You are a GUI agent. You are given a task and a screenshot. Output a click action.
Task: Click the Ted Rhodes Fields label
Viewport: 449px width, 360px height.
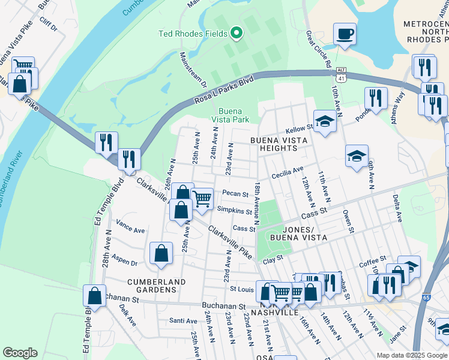tap(193, 33)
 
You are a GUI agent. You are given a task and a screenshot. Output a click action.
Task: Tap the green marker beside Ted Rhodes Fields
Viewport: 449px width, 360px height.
tap(237, 33)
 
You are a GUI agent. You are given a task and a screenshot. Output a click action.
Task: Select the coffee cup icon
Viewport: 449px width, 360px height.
tap(345, 34)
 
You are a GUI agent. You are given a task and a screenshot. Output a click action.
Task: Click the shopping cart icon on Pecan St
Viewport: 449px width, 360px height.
tap(202, 197)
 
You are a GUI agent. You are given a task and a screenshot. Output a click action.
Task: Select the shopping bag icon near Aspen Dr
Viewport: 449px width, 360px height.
tap(161, 253)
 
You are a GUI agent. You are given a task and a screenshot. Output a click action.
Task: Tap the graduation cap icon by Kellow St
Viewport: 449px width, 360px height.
tap(325, 122)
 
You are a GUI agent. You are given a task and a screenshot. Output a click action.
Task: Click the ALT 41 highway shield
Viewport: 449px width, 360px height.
tap(341, 71)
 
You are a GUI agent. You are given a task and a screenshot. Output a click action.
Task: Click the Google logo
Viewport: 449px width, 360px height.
tap(20, 353)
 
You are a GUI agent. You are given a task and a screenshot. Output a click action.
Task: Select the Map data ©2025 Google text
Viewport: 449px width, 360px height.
tap(411, 355)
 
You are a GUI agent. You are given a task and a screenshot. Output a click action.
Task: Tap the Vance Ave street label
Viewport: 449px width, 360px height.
tap(131, 230)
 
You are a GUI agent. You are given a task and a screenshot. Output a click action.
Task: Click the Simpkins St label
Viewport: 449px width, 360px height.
tap(234, 211)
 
